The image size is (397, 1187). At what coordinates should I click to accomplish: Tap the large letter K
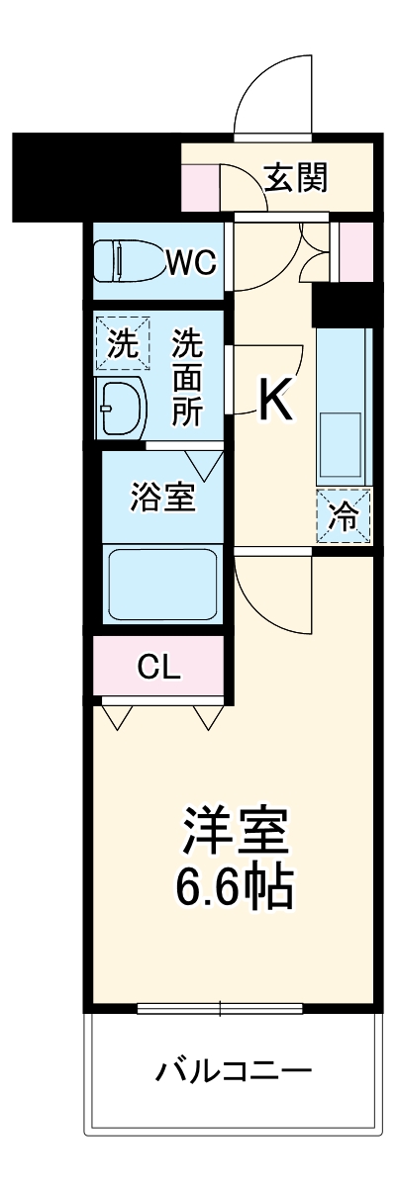(x=276, y=400)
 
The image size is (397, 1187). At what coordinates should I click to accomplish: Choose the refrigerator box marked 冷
(x=345, y=516)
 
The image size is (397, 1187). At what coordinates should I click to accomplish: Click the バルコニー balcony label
(x=234, y=1070)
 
